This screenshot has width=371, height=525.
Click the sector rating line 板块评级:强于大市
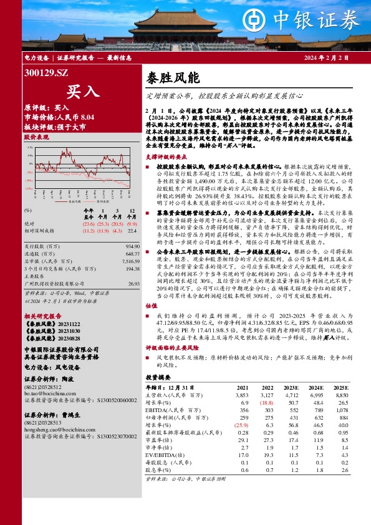click(55, 126)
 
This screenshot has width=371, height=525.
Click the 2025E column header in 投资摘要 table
click(340, 388)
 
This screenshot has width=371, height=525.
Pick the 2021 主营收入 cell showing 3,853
click(241, 395)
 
